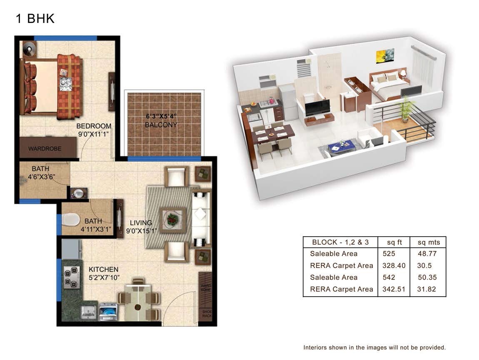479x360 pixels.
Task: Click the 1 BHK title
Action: [35, 19]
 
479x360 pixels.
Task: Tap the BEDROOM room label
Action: [94, 126]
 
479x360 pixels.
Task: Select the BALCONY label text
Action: [161, 125]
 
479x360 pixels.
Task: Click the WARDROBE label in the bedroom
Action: [45, 149]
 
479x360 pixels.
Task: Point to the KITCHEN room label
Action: [103, 270]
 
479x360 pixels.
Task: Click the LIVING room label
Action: [141, 223]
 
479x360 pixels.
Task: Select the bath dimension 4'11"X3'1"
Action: [96, 229]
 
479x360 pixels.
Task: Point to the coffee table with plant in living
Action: [172, 217]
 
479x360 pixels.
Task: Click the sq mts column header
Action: [428, 242]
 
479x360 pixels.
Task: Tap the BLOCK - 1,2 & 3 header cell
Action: [340, 242]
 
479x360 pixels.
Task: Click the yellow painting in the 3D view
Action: [384, 56]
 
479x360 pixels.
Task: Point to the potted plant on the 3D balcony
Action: [405, 109]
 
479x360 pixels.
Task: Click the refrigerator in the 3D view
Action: [288, 101]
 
